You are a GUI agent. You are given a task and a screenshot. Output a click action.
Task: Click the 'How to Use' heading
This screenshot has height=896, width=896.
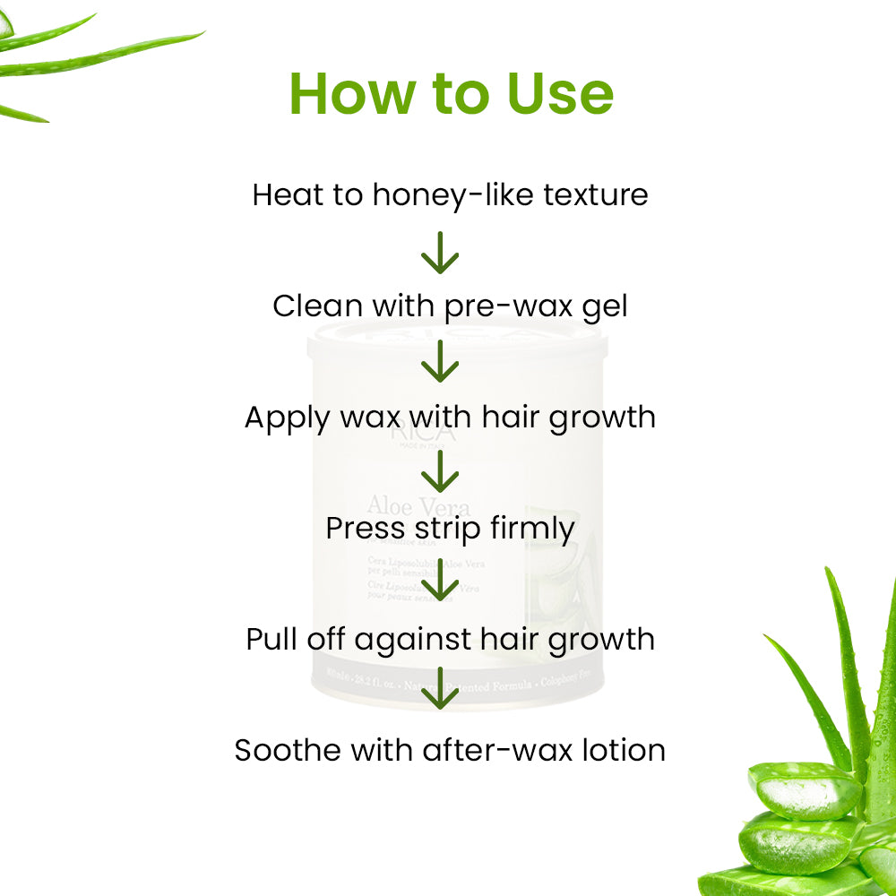click(451, 93)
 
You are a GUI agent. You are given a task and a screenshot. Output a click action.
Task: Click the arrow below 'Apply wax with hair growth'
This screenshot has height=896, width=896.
click(440, 472)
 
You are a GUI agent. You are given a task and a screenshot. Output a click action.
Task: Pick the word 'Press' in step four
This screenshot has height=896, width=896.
click(359, 529)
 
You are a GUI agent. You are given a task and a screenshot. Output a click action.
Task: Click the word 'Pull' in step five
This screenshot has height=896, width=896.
click(269, 640)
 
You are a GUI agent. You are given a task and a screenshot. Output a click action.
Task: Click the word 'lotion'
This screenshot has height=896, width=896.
click(625, 750)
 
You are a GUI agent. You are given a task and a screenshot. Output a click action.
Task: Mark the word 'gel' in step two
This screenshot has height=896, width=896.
click(605, 307)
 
